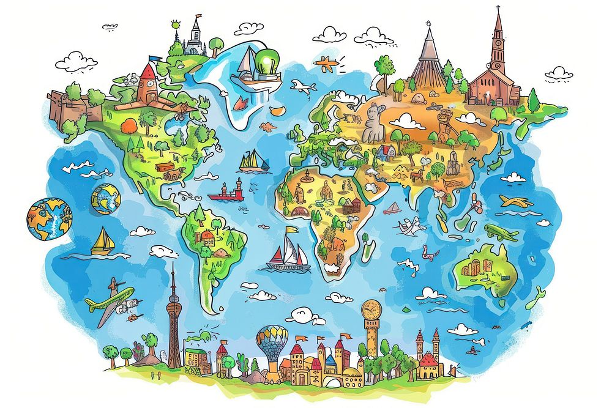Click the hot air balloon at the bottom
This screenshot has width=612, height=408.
[271, 342]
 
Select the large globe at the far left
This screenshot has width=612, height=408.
[48, 219]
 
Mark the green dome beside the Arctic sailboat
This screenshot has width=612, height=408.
[269, 60]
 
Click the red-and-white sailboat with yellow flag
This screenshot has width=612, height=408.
[288, 253]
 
